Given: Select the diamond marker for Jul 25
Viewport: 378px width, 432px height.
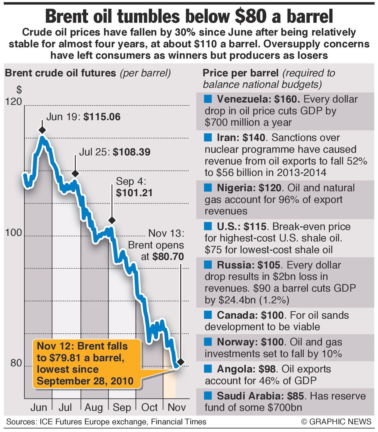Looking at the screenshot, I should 75,174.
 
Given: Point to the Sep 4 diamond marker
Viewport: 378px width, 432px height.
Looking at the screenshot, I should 112,220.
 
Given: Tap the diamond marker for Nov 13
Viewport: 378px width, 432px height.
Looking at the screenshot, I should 181,362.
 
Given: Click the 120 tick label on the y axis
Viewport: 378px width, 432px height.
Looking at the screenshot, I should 14,102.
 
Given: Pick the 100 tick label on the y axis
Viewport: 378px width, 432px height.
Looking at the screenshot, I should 14,233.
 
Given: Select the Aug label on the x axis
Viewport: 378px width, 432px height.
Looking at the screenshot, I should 94,408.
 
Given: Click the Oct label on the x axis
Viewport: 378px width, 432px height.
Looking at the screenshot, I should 149,408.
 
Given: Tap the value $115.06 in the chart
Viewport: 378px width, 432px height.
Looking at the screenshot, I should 102,117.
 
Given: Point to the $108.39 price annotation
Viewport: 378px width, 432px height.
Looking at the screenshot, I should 131,152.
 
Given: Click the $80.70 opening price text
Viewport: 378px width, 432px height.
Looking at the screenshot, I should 168,257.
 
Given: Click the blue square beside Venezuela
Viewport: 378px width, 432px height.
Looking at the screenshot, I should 208,99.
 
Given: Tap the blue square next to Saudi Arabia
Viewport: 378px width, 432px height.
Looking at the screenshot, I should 208,396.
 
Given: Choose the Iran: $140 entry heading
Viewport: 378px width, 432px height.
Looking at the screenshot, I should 241,137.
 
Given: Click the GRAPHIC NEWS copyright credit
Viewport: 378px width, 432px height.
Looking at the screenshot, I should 336,422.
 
